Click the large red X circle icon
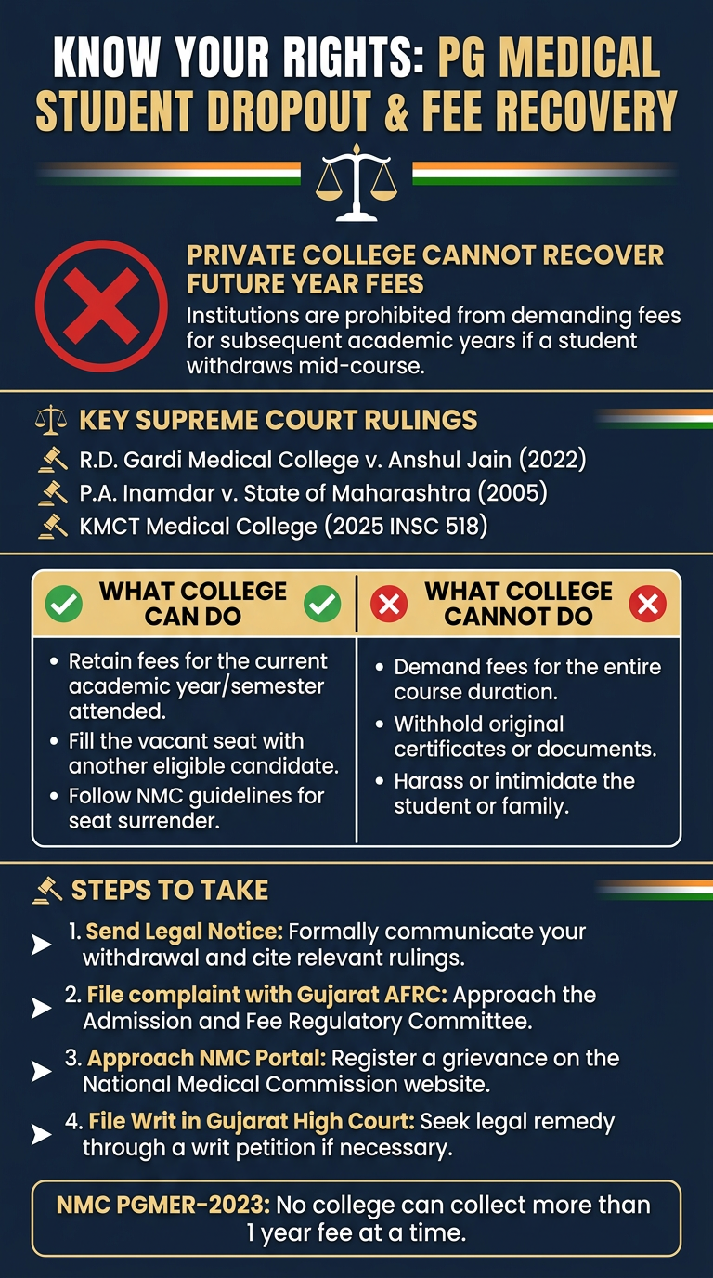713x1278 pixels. [x=101, y=306]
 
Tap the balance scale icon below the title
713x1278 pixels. [x=356, y=183]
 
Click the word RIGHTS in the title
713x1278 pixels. [x=355, y=57]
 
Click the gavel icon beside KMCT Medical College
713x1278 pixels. [x=53, y=527]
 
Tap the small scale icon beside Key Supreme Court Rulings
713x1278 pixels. [x=51, y=420]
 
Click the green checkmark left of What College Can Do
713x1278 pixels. [x=64, y=604]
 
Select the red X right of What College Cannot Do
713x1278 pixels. [x=648, y=604]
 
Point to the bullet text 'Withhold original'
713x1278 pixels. [x=478, y=724]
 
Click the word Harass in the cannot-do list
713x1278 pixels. [x=428, y=781]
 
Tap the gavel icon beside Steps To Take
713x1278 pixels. [x=48, y=891]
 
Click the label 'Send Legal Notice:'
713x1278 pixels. [x=184, y=932]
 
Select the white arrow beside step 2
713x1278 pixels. [x=42, y=1008]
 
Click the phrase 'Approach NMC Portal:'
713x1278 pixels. [x=206, y=1059]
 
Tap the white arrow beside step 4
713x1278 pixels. [x=42, y=1135]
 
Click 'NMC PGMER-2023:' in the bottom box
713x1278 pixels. [x=163, y=1206]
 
